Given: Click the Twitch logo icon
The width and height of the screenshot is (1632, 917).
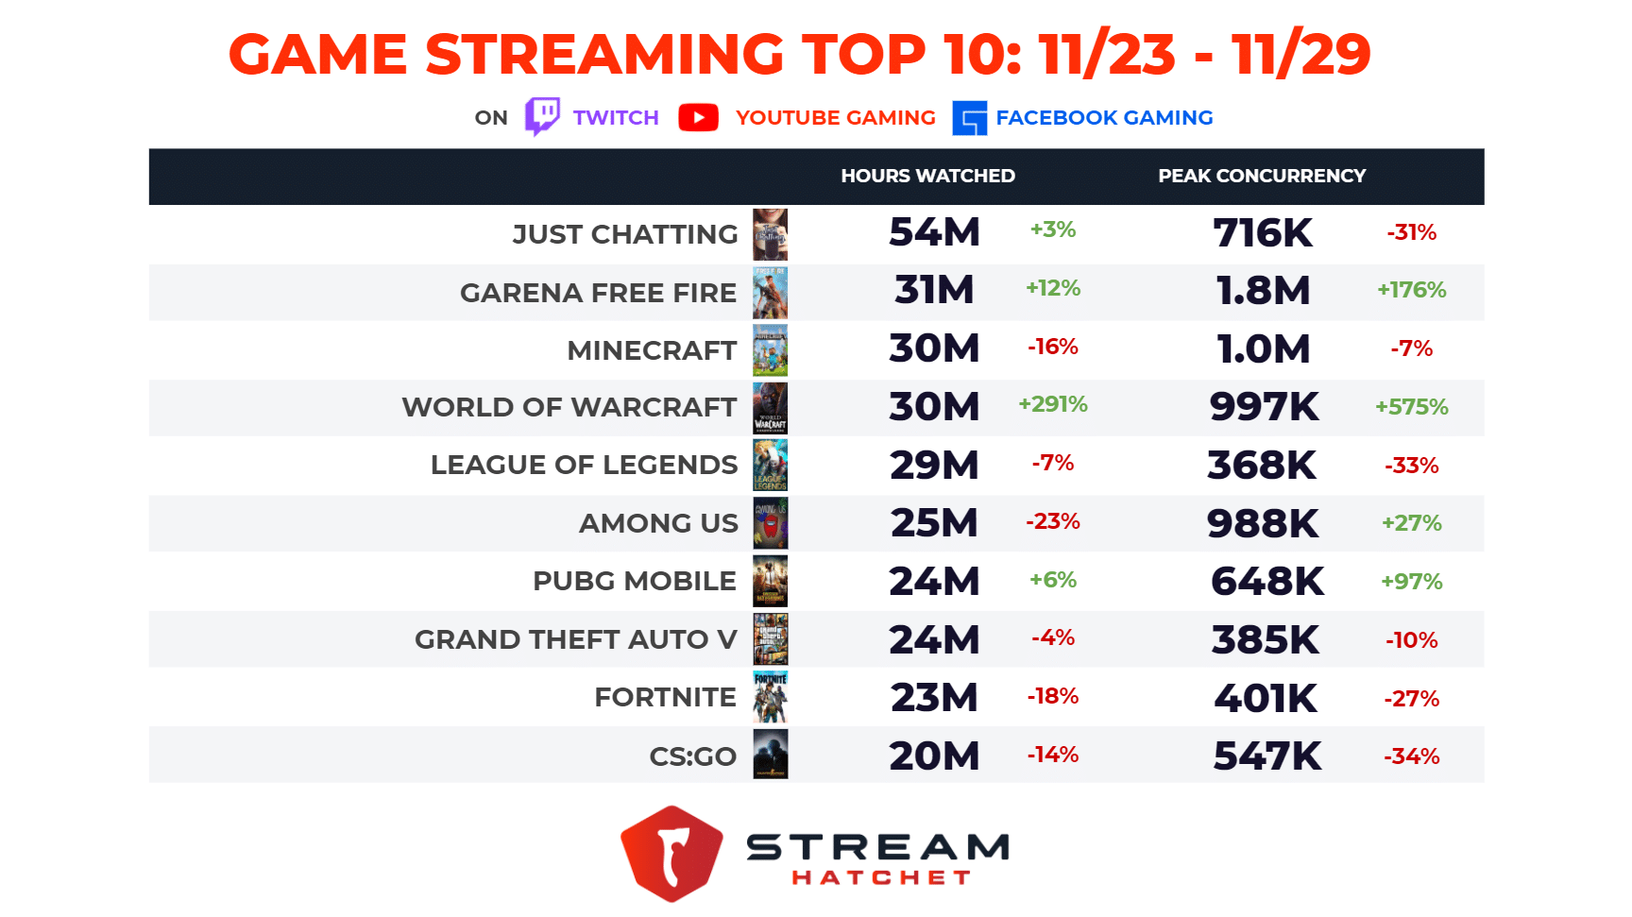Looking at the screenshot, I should point(542,117).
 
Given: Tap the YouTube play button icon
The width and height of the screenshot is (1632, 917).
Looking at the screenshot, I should point(698,117).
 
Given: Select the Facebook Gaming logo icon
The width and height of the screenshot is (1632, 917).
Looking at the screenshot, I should point(969,118).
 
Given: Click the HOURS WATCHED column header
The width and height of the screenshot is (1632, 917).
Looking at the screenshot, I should point(927,176).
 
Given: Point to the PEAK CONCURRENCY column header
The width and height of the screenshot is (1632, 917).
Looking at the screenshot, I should point(1262,176).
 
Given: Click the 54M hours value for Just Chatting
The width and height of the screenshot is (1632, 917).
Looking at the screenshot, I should point(934,232).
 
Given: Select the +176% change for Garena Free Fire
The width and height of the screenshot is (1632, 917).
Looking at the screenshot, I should point(1411,290).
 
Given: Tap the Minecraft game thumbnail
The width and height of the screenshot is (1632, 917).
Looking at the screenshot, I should point(770,350).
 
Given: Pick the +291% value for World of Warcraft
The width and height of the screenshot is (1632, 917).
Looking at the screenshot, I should point(1052,405).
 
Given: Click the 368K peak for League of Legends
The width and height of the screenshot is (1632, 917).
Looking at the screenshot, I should point(1262,466).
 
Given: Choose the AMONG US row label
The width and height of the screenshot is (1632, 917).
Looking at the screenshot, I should point(658,523).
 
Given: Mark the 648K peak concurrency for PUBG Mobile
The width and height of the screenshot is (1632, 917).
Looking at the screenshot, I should point(1266,582).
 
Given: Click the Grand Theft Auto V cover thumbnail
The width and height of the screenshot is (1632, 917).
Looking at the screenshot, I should point(770,639).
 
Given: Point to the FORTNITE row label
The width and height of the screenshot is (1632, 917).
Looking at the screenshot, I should point(665,698).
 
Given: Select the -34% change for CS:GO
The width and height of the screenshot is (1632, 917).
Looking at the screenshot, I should point(1411,756).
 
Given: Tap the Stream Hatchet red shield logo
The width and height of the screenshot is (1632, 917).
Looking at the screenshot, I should point(671,854).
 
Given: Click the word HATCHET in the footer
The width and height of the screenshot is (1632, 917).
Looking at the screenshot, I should point(880,878).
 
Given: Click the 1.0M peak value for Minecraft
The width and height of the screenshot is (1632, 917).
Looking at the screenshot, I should point(1263,349).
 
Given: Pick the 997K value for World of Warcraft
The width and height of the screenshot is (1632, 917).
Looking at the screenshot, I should point(1264,407).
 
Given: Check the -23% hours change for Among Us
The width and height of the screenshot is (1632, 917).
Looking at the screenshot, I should point(1052,521).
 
